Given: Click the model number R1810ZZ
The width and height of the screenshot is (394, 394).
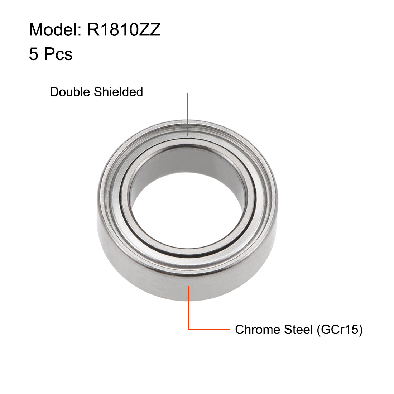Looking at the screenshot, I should (x=124, y=30).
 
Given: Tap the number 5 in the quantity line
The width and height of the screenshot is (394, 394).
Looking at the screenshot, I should (x=33, y=54).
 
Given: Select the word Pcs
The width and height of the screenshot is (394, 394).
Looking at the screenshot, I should (x=58, y=54).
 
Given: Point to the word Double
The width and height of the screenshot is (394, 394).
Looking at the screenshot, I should (x=70, y=92).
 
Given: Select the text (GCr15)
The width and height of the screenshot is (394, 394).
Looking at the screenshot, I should (x=340, y=330).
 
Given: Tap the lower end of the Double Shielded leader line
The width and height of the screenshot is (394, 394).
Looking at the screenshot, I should (x=188, y=136).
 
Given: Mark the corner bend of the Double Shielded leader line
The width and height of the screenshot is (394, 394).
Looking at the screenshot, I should (x=188, y=93).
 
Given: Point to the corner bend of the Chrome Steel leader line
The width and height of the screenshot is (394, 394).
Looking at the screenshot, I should (x=189, y=329).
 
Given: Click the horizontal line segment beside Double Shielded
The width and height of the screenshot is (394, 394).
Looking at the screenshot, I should (x=167, y=93).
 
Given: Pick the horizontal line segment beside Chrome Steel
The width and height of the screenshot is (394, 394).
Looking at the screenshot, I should (x=210, y=329).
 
